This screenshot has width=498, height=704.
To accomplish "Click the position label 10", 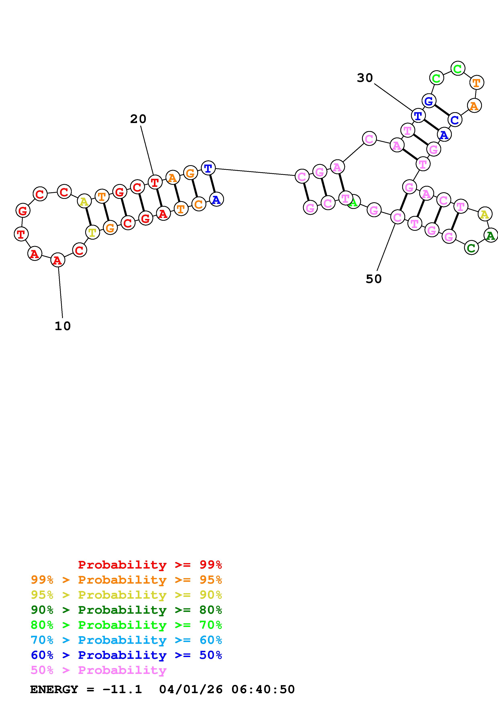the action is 63,326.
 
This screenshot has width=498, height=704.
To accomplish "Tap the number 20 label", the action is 138,119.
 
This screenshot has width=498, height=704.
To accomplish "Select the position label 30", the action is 365,78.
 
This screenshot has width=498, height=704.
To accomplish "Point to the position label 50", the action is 373,279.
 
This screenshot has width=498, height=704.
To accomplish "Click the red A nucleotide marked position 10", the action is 57,260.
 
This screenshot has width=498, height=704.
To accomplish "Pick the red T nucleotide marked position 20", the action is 155,182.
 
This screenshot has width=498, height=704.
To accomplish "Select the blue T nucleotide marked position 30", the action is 418,116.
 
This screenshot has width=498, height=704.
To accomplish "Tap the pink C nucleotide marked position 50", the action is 397,217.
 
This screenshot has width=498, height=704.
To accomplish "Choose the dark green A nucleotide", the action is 490,235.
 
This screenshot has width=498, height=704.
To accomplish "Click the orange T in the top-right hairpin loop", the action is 477,82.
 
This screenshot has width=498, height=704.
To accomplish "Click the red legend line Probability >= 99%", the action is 150,565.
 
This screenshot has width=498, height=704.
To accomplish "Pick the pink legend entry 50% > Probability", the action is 99,670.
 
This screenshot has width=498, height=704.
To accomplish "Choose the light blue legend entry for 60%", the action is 126,640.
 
